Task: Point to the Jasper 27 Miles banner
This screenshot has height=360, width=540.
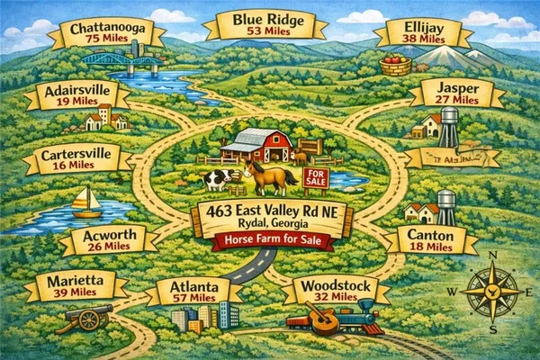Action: [456, 93]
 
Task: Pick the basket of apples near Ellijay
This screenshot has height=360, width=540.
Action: [395, 65]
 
